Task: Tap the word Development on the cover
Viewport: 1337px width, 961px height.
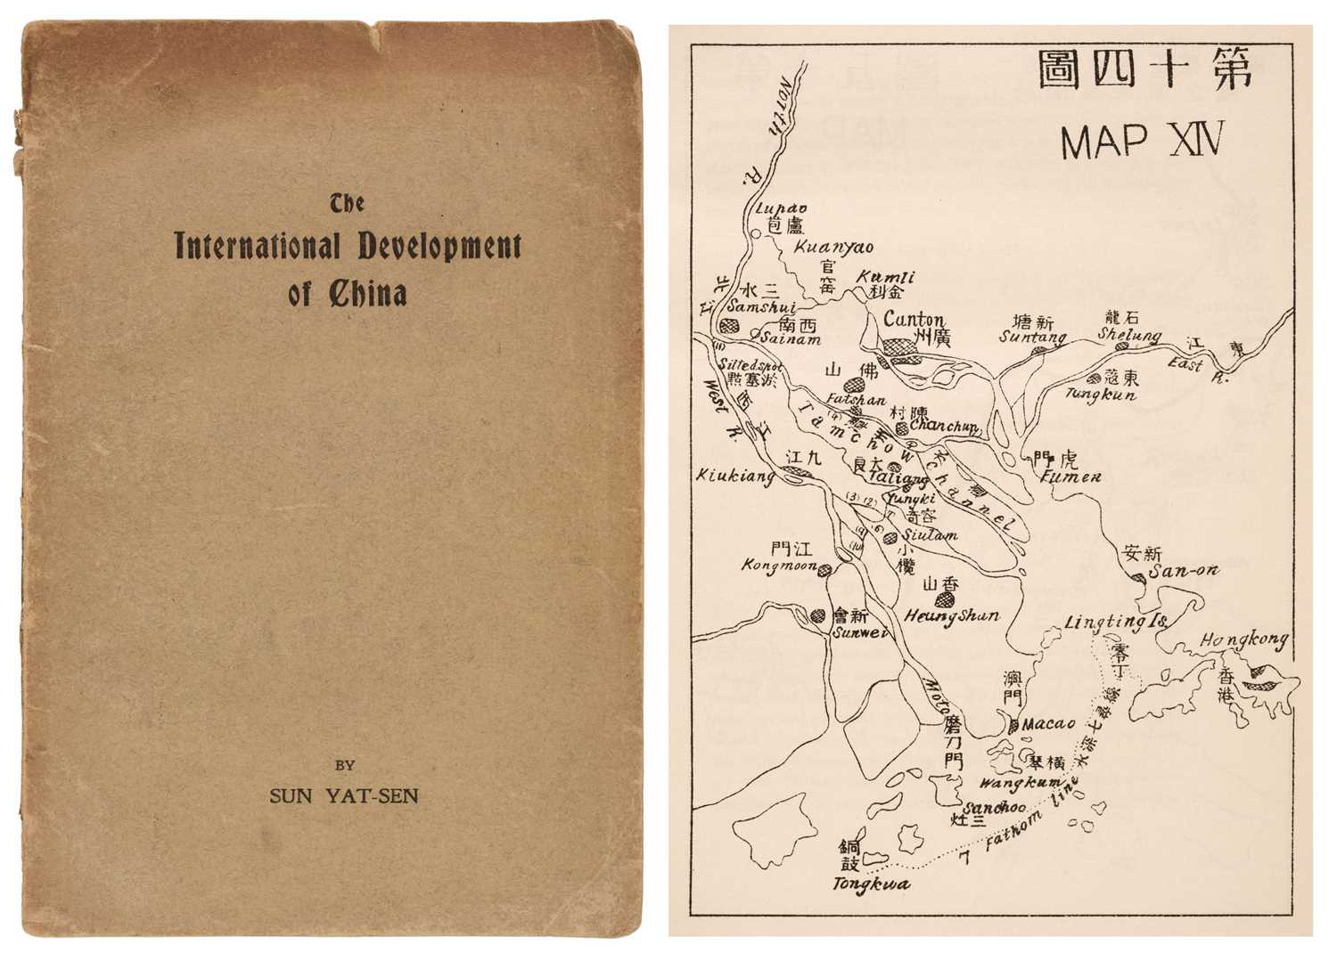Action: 439,246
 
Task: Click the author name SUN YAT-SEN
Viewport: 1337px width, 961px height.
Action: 343,795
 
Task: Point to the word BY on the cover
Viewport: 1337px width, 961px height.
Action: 345,764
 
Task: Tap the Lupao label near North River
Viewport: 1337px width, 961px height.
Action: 774,209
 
